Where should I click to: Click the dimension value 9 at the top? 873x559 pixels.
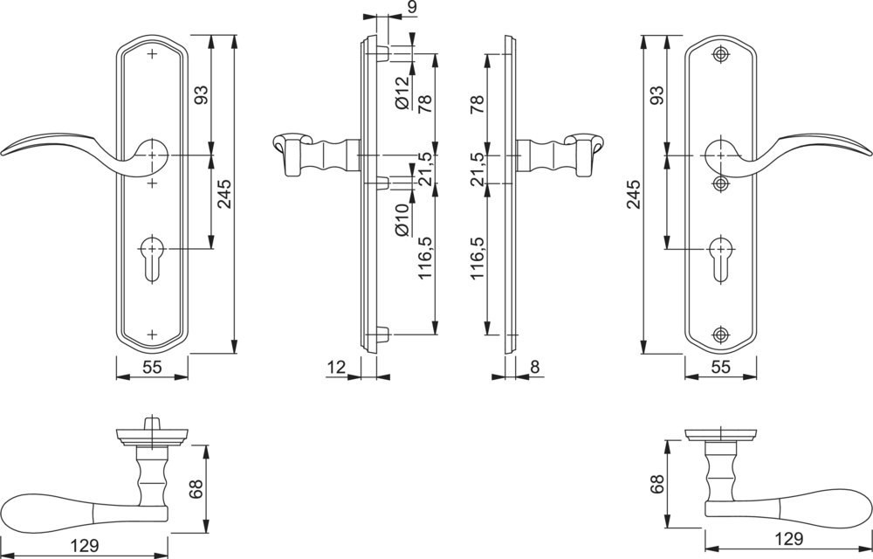point(411,7)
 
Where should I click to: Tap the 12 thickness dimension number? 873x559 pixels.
point(336,367)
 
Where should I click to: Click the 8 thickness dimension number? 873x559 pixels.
point(535,367)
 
